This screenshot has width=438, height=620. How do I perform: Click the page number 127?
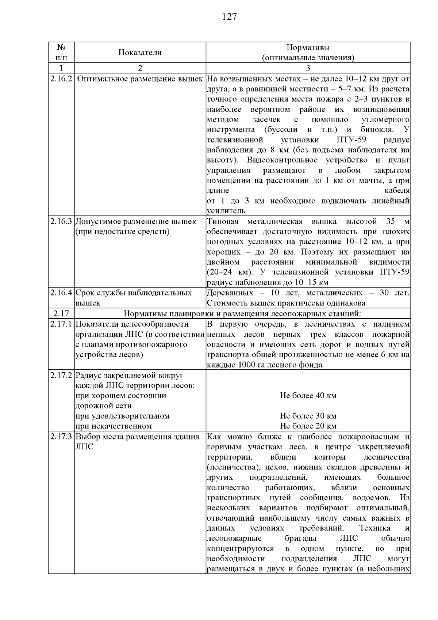pyautogui.click(x=229, y=17)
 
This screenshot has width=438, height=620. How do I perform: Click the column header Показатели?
pyautogui.click(x=140, y=52)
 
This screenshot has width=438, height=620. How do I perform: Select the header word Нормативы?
pyautogui.click(x=308, y=47)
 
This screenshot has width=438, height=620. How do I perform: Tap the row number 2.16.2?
pyautogui.click(x=61, y=79)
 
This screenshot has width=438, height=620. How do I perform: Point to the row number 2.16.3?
pyautogui.click(x=61, y=221)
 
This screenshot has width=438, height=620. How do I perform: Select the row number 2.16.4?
pyautogui.click(x=61, y=293)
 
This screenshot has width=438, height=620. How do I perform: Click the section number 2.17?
pyautogui.click(x=61, y=313)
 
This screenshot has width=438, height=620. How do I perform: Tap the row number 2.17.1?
pyautogui.click(x=61, y=324)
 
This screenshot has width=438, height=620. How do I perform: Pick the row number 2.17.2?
pyautogui.click(x=61, y=375)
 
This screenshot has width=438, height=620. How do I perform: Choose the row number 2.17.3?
pyautogui.click(x=61, y=437)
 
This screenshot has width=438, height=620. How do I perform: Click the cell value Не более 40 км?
pyautogui.click(x=308, y=395)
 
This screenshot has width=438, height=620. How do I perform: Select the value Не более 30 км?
pyautogui.click(x=308, y=416)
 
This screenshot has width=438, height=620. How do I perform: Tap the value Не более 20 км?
pyautogui.click(x=308, y=426)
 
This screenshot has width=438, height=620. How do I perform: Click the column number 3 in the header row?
pyautogui.click(x=308, y=68)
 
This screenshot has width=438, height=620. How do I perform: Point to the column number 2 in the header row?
pyautogui.click(x=140, y=68)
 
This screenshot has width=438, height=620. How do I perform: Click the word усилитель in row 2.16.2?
pyautogui.click(x=226, y=211)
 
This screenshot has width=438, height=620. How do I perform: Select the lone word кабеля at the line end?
pyautogui.click(x=397, y=190)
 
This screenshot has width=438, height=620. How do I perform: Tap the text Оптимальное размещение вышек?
pyautogui.click(x=140, y=79)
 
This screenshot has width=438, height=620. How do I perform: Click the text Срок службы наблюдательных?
pyautogui.click(x=134, y=293)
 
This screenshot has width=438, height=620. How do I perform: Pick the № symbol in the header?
pyautogui.click(x=61, y=47)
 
